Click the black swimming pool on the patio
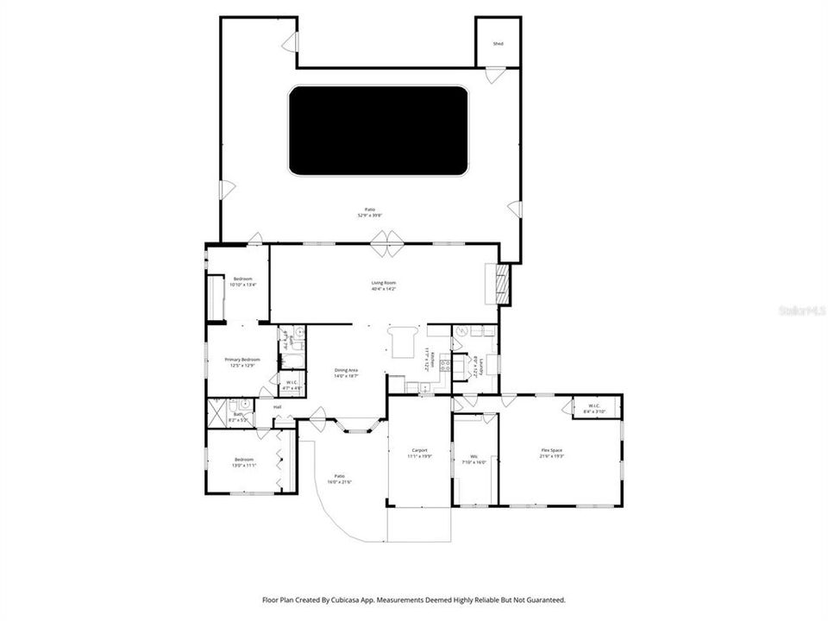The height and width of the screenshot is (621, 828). pyautogui.click(x=378, y=130)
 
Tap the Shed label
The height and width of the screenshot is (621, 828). pyautogui.click(x=498, y=43)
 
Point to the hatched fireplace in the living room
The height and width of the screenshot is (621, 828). pyautogui.click(x=501, y=284)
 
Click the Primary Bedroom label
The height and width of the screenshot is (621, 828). pyautogui.click(x=242, y=360)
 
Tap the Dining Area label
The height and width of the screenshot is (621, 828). pyautogui.click(x=347, y=370)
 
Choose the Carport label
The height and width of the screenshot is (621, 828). pyautogui.click(x=420, y=450)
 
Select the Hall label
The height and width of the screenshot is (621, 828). pyautogui.click(x=278, y=407)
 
